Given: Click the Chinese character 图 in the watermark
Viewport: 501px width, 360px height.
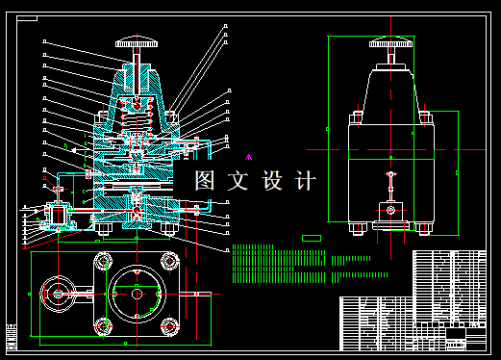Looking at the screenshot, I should pyautogui.click(x=205, y=180).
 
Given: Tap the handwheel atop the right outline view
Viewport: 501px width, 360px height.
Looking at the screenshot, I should pyautogui.click(x=391, y=42).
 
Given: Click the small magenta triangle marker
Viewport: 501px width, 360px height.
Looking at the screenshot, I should pyautogui.click(x=249, y=156).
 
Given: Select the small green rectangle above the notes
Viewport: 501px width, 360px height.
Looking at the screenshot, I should pyautogui.click(x=311, y=237).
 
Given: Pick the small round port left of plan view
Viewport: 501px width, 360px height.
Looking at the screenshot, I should pyautogui.click(x=58, y=294).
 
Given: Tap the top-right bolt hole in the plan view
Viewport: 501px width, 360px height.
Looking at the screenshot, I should pyautogui.click(x=171, y=260).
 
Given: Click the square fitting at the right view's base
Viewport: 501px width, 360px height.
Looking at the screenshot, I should pyautogui.click(x=390, y=211).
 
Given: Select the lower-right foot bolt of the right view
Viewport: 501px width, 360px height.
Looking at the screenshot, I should pyautogui.click(x=421, y=228).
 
